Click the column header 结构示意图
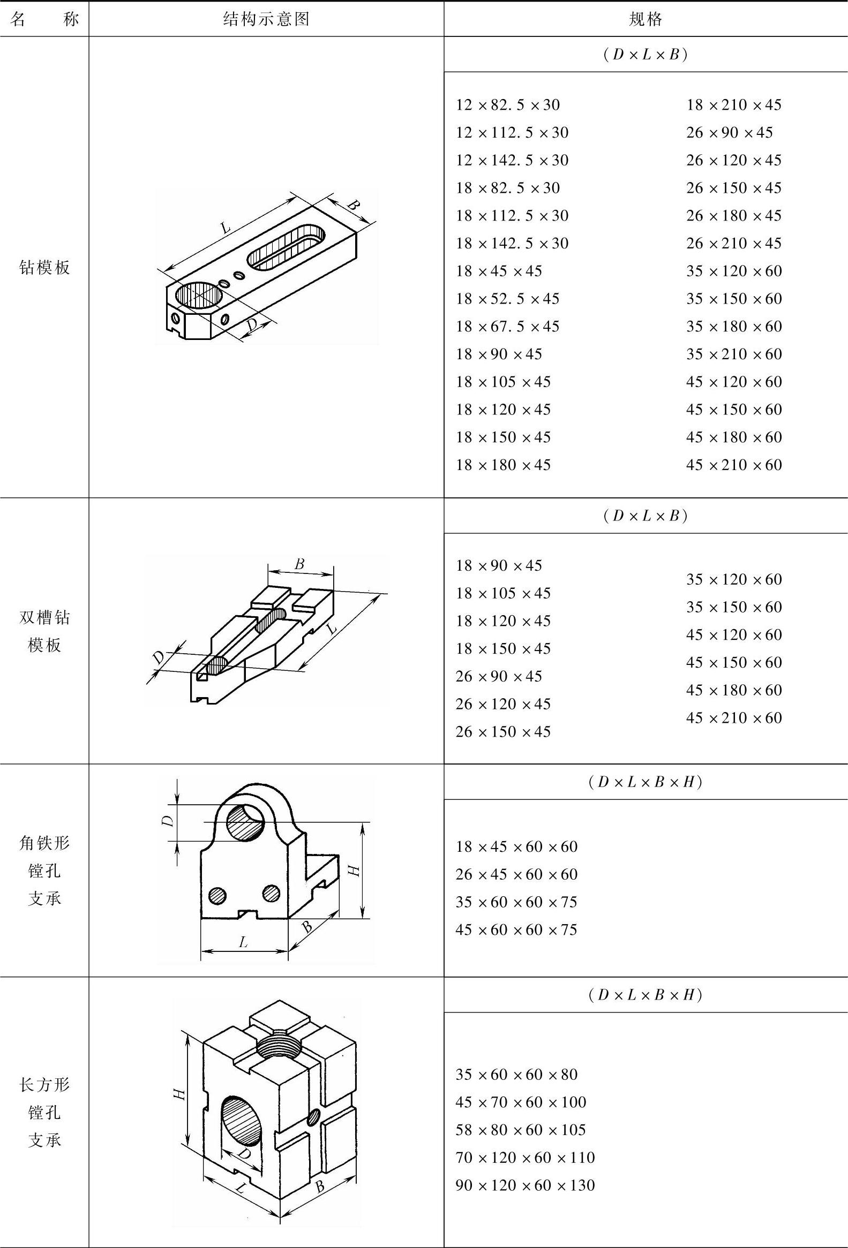[266, 20]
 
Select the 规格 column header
[646, 20]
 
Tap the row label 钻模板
[44, 267]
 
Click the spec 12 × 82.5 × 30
[508, 104]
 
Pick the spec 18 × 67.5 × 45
[508, 326]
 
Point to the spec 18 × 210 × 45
[733, 104]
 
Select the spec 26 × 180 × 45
[733, 215]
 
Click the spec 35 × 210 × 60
[734, 354]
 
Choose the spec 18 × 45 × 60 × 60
[516, 846]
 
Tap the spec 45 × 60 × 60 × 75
[516, 929]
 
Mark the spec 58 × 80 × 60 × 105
[521, 1129]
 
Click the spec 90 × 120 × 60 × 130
[525, 1185]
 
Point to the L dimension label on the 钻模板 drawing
[225, 228]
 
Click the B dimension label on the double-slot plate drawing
[299, 564]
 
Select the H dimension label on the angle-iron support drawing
[354, 869]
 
